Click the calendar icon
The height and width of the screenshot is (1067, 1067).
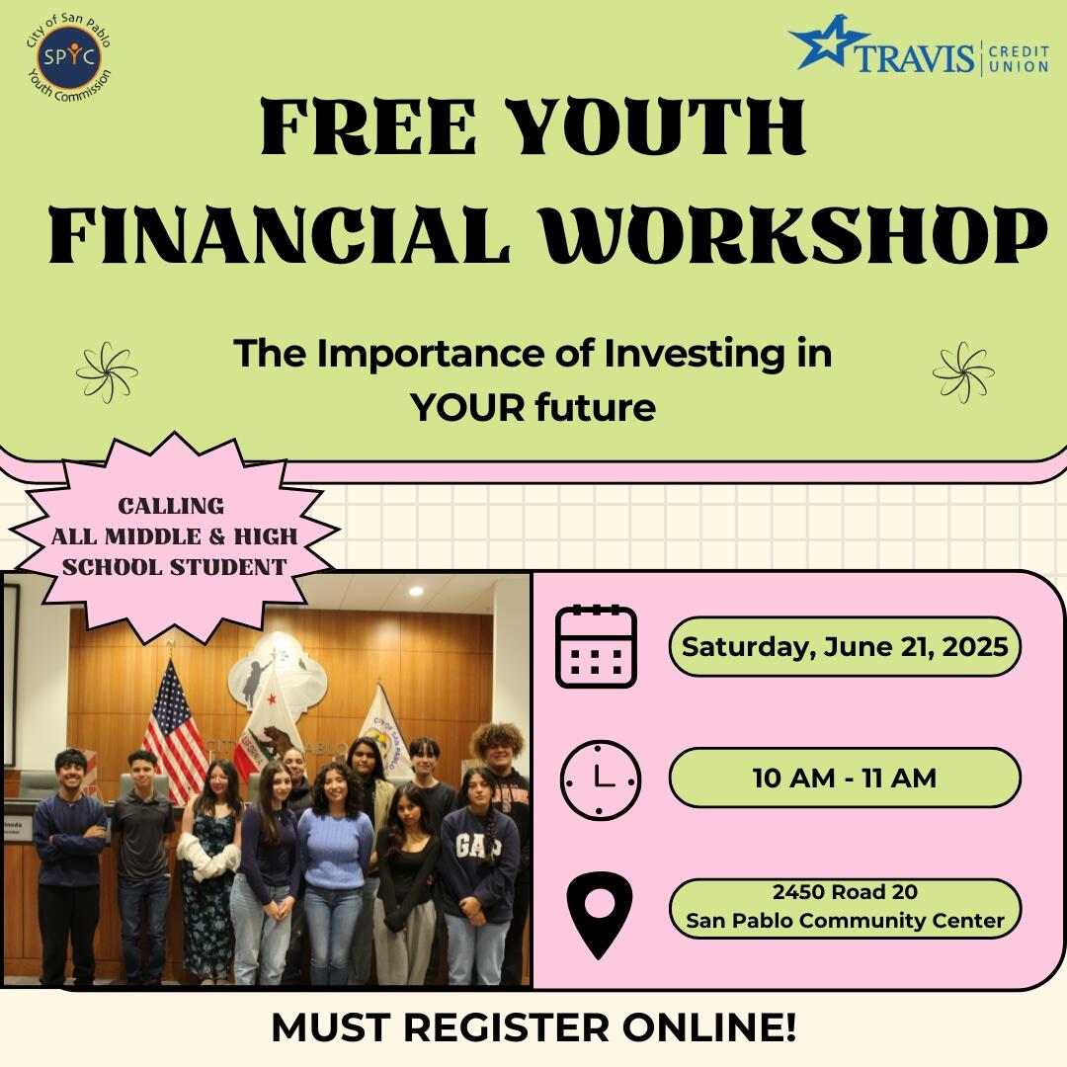click(x=596, y=646)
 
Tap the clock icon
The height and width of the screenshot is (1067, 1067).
click(x=600, y=780)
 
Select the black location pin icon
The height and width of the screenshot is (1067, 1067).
click(x=600, y=913)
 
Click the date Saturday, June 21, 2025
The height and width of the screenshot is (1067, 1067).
click(x=845, y=647)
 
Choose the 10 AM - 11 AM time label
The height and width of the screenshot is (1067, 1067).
click(x=844, y=778)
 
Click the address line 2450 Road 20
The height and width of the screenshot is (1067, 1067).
click(x=845, y=892)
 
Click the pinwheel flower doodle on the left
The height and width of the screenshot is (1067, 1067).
click(x=107, y=372)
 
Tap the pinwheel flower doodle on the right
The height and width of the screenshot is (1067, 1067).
click(x=963, y=372)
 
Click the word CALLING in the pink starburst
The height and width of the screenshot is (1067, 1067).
click(x=171, y=506)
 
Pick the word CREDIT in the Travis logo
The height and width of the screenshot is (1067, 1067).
click(x=1018, y=49)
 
